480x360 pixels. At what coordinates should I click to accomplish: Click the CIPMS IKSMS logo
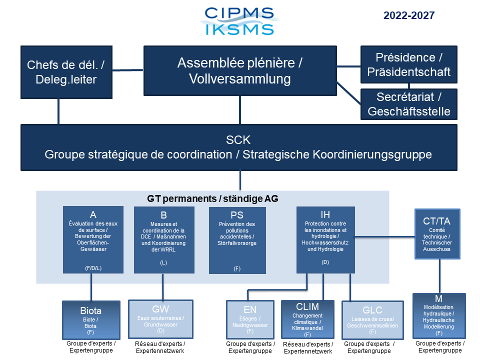click(x=239, y=21)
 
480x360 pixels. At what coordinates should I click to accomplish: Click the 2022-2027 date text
click(x=409, y=15)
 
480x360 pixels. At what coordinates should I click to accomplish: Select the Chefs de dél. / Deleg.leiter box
click(x=66, y=72)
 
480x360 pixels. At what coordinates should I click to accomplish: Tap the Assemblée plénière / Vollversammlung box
click(x=239, y=70)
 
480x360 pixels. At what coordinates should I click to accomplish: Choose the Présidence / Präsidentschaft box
click(x=408, y=64)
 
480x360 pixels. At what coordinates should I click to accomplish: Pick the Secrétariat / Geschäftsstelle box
click(x=408, y=103)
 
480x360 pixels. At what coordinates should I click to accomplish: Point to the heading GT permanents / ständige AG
click(x=212, y=198)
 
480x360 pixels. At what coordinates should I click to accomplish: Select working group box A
click(x=93, y=239)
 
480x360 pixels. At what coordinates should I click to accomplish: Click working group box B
click(x=164, y=239)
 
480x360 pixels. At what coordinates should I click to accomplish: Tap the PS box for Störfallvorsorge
click(x=237, y=239)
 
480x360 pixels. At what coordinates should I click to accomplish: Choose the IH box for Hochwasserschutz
click(x=325, y=239)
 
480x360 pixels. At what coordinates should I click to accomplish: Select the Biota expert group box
click(x=91, y=319)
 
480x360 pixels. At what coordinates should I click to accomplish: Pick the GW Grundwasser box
click(x=160, y=318)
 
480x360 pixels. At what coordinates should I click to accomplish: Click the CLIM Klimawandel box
click(x=307, y=318)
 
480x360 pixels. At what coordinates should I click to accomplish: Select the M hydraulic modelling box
click(x=439, y=315)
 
